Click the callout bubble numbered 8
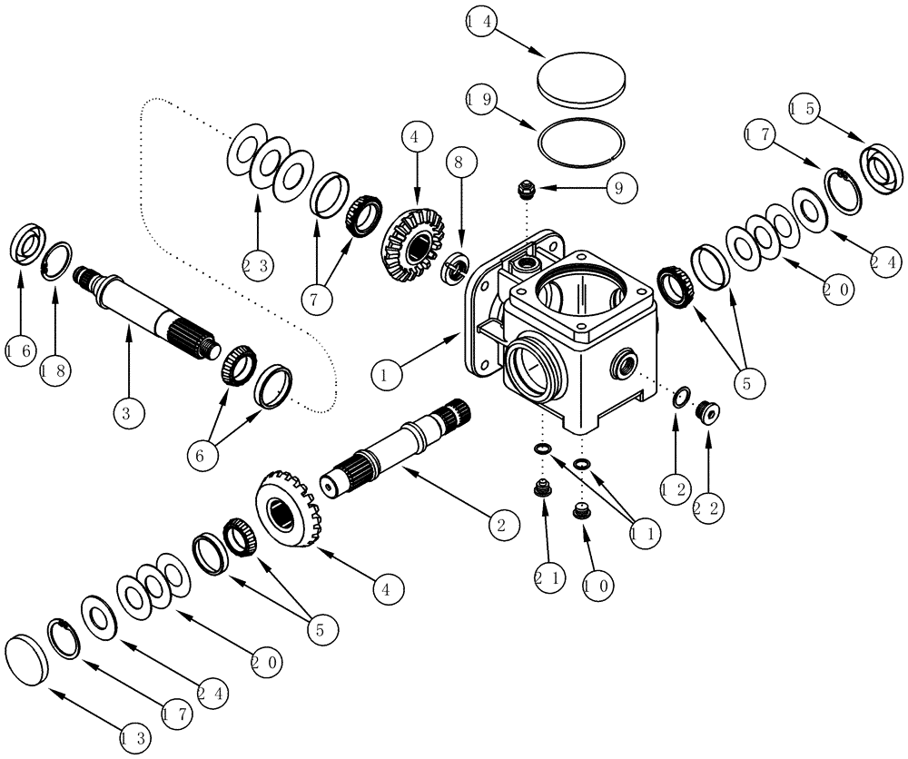[x=459, y=164]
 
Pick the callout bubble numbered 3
[x=128, y=414]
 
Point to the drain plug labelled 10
[x=582, y=513]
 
